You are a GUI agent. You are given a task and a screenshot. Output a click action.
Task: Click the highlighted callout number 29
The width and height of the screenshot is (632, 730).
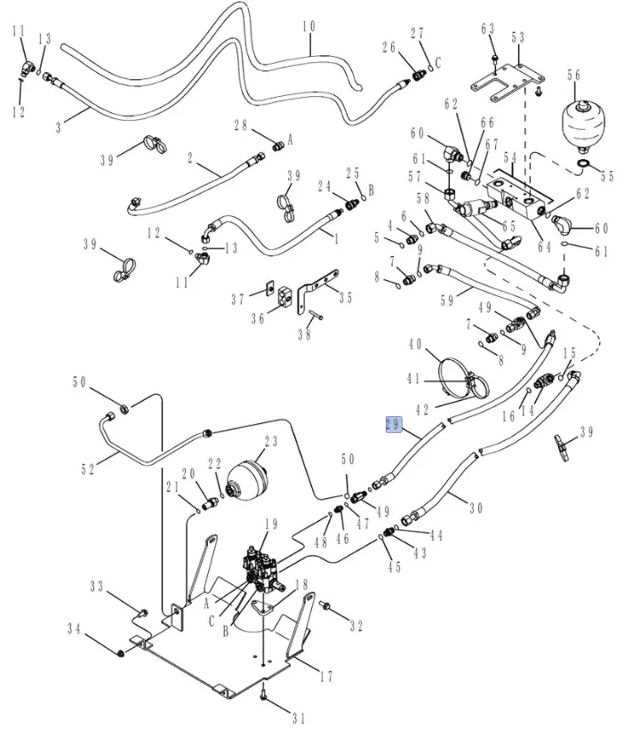[393, 425]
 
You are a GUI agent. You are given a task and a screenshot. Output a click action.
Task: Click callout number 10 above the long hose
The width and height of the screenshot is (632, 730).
[308, 28]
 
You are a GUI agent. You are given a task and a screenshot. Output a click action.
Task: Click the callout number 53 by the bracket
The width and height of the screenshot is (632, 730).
[517, 37]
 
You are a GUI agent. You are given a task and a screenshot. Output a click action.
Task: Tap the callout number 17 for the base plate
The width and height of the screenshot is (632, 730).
[325, 677]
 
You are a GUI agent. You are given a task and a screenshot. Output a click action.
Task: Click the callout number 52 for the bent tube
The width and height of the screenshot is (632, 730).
[88, 469]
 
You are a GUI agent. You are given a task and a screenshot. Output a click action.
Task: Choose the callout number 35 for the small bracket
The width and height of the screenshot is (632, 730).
[345, 299]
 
